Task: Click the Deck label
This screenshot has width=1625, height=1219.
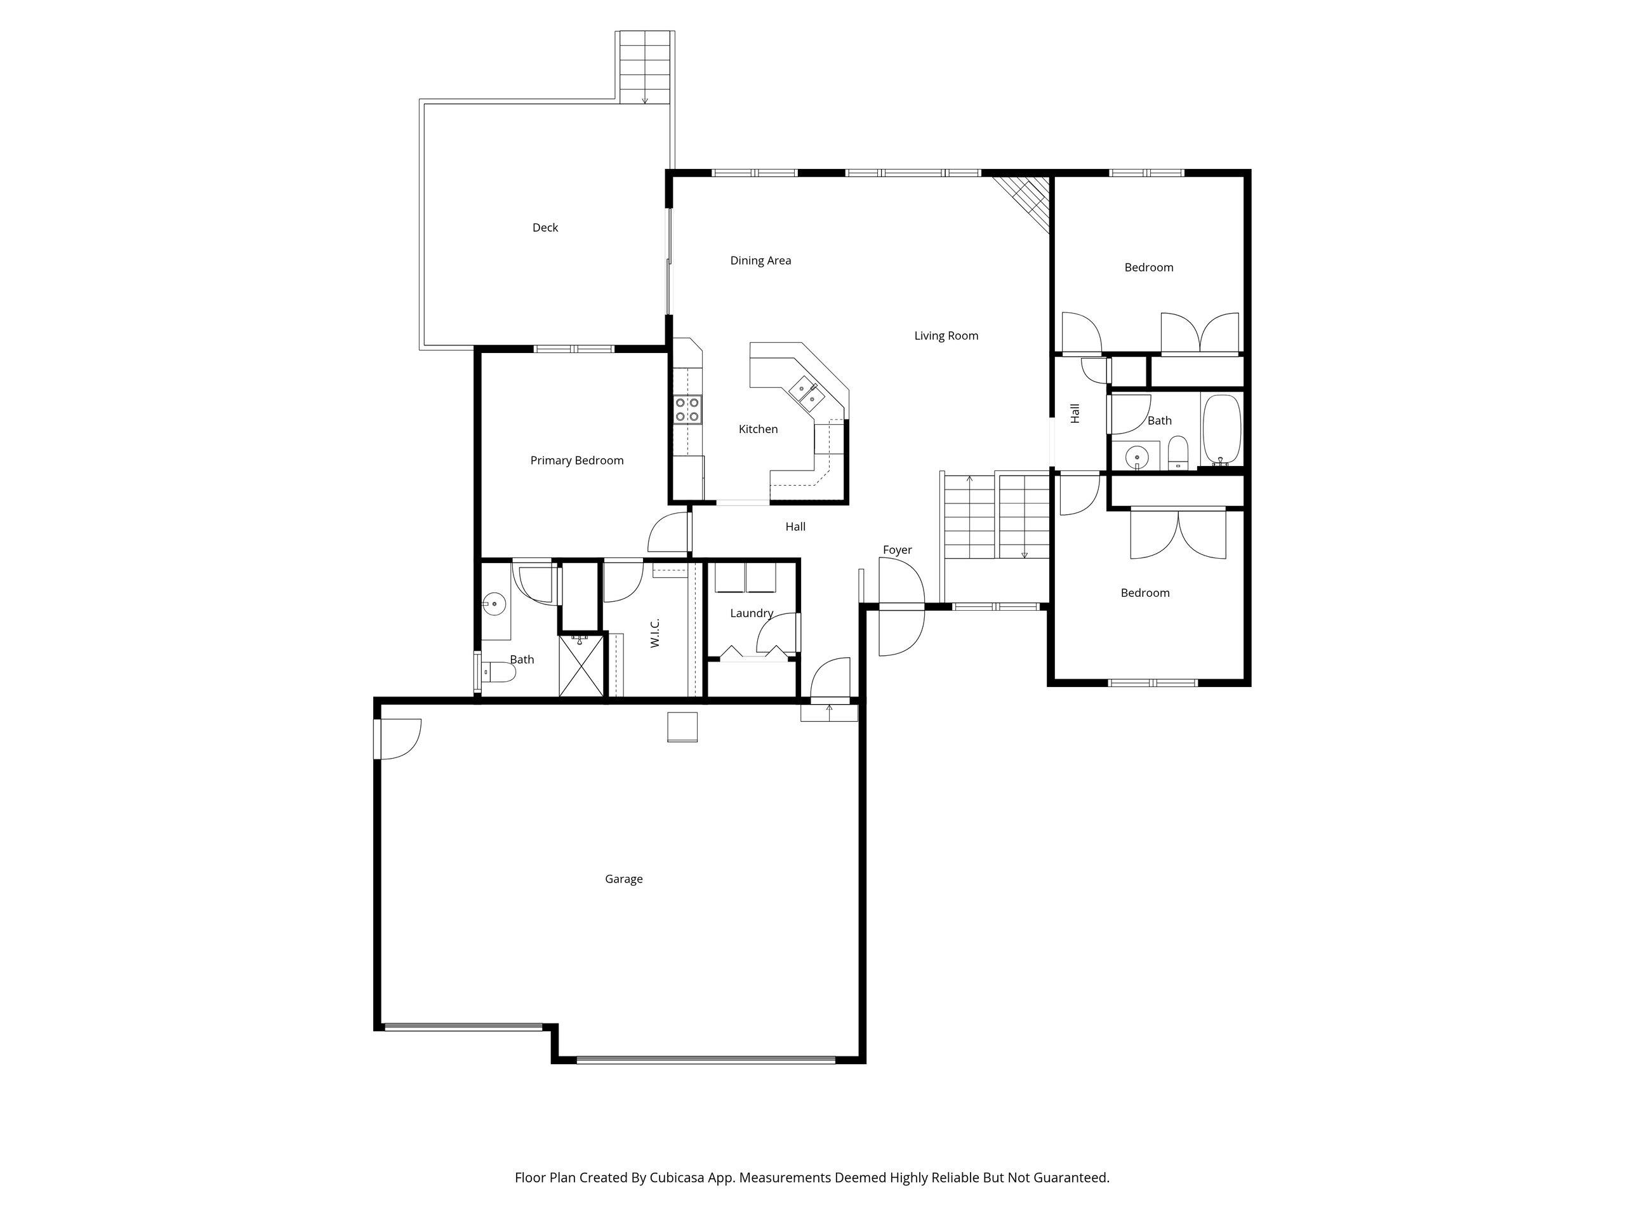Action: [x=545, y=228]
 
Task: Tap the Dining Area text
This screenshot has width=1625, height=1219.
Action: [x=760, y=261]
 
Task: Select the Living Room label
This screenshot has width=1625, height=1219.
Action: [x=946, y=336]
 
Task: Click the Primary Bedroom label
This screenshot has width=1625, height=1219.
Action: [x=576, y=461]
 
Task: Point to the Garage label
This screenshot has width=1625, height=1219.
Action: [x=624, y=879]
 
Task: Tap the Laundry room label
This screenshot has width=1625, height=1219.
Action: [x=752, y=613]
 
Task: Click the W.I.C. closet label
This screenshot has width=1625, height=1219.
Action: [x=655, y=632]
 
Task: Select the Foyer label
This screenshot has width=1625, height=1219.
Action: [x=897, y=550]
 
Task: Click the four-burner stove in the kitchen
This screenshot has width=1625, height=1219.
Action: [x=687, y=410]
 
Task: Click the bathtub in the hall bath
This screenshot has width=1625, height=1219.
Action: [x=1222, y=430]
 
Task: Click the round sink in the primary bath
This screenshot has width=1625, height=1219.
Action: [x=494, y=604]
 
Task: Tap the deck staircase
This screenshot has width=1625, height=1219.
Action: [x=645, y=67]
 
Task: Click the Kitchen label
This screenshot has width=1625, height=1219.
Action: [x=758, y=429]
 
